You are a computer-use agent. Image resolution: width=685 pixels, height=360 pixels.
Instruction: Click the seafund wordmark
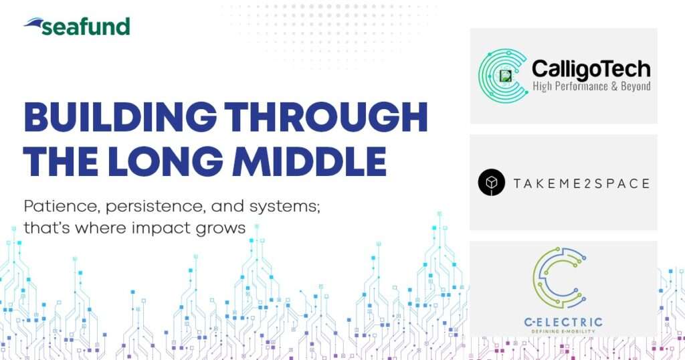click(86, 27)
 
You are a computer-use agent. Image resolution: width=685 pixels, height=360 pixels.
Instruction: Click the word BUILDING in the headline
click(120, 117)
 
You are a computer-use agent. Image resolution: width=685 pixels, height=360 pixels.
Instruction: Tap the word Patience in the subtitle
click(62, 206)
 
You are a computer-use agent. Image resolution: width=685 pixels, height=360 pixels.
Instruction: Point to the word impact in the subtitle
click(165, 228)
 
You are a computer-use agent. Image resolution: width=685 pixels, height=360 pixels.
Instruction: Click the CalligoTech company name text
click(591, 70)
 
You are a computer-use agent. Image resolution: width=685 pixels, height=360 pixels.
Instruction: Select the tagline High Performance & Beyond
click(591, 86)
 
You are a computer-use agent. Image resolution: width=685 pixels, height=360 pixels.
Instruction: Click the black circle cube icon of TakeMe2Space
click(492, 182)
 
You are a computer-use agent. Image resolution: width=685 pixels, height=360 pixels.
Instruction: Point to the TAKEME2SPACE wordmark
click(581, 183)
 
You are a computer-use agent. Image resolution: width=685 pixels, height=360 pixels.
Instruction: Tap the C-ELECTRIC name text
click(563, 323)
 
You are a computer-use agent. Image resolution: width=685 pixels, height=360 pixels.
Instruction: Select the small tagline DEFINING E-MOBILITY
click(563, 332)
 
